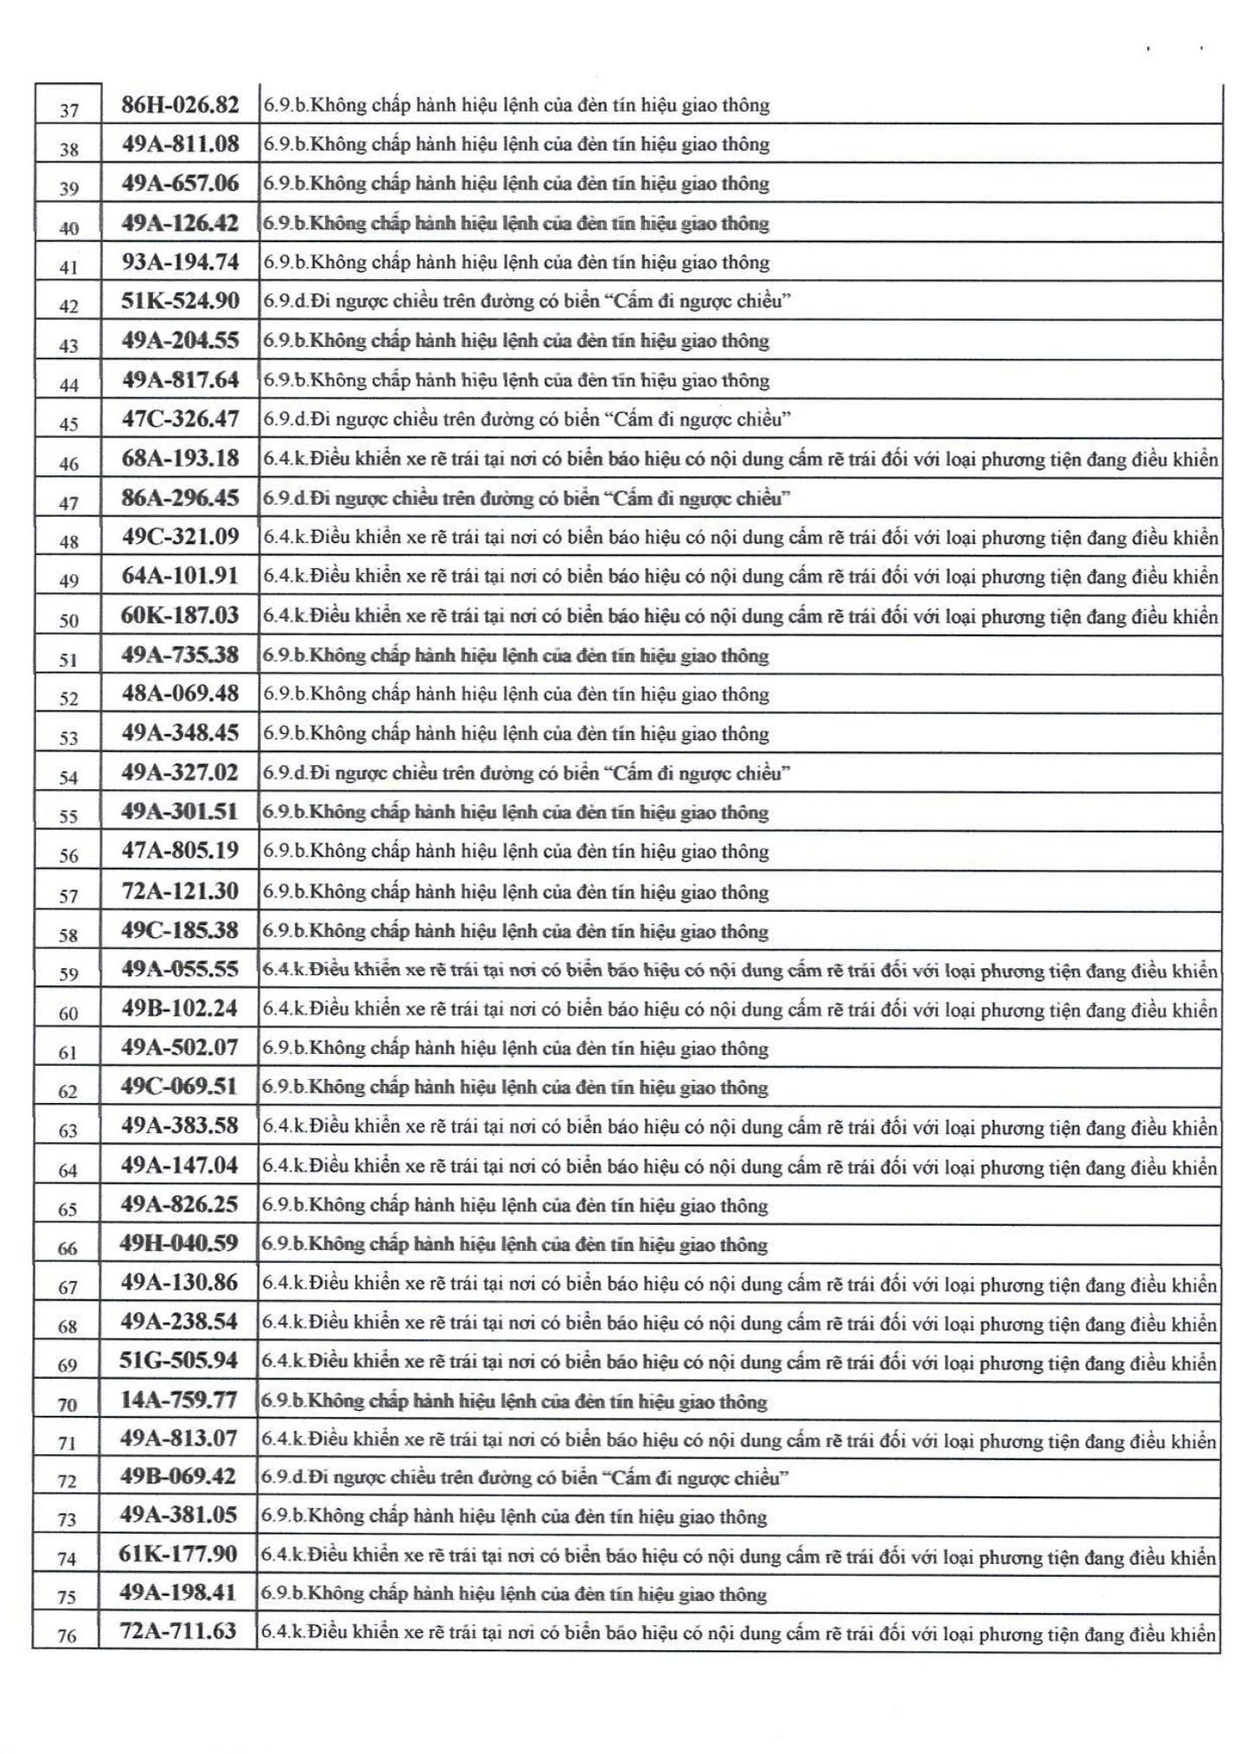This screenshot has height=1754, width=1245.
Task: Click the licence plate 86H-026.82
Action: (x=180, y=105)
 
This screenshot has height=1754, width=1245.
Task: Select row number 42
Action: (x=68, y=306)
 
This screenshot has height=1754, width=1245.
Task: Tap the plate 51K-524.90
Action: (x=180, y=301)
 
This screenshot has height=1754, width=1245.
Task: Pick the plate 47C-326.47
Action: (x=180, y=419)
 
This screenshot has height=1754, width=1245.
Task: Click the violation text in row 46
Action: (x=740, y=459)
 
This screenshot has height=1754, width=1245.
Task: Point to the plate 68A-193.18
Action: (x=180, y=458)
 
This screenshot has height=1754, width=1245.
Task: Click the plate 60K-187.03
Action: (x=180, y=615)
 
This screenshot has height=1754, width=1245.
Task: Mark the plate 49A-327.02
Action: (x=180, y=772)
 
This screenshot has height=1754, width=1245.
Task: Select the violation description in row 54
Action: (x=527, y=773)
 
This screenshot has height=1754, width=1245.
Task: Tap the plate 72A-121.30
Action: (x=180, y=890)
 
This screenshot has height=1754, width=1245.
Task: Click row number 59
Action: (x=68, y=974)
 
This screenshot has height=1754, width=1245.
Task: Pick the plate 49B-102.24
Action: (x=180, y=1008)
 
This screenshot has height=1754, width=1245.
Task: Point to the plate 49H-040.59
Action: (x=179, y=1243)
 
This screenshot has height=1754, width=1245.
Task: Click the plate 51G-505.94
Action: (x=179, y=1361)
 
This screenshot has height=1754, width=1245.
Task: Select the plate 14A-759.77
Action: (x=179, y=1400)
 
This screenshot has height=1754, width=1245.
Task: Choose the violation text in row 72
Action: (x=526, y=1477)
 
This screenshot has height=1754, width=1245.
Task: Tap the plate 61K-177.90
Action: (x=178, y=1553)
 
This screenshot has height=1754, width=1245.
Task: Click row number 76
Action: (x=67, y=1636)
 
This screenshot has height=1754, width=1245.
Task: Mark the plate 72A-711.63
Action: (x=178, y=1631)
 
